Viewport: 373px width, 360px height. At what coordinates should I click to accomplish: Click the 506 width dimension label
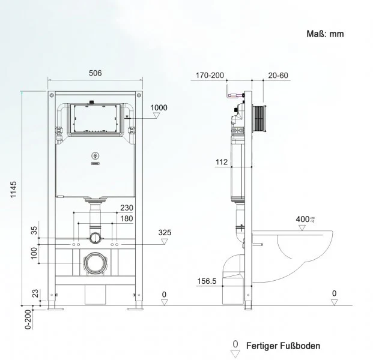pos(95,73)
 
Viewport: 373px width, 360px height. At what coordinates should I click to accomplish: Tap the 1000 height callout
pos(159,108)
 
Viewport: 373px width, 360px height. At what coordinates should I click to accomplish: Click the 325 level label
pos(165,232)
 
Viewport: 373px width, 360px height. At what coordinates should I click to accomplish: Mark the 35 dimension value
pos(34,229)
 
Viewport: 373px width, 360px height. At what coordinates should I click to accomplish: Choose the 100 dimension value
pos(34,254)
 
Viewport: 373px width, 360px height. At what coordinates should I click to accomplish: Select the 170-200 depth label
pos(210,76)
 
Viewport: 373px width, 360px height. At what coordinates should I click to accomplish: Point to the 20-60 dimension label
pos(278,76)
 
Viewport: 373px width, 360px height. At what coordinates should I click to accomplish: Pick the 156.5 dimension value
pos(207,281)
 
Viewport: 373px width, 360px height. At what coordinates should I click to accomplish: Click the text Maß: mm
pos(326,34)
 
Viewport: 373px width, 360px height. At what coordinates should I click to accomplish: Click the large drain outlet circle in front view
pos(94,262)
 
